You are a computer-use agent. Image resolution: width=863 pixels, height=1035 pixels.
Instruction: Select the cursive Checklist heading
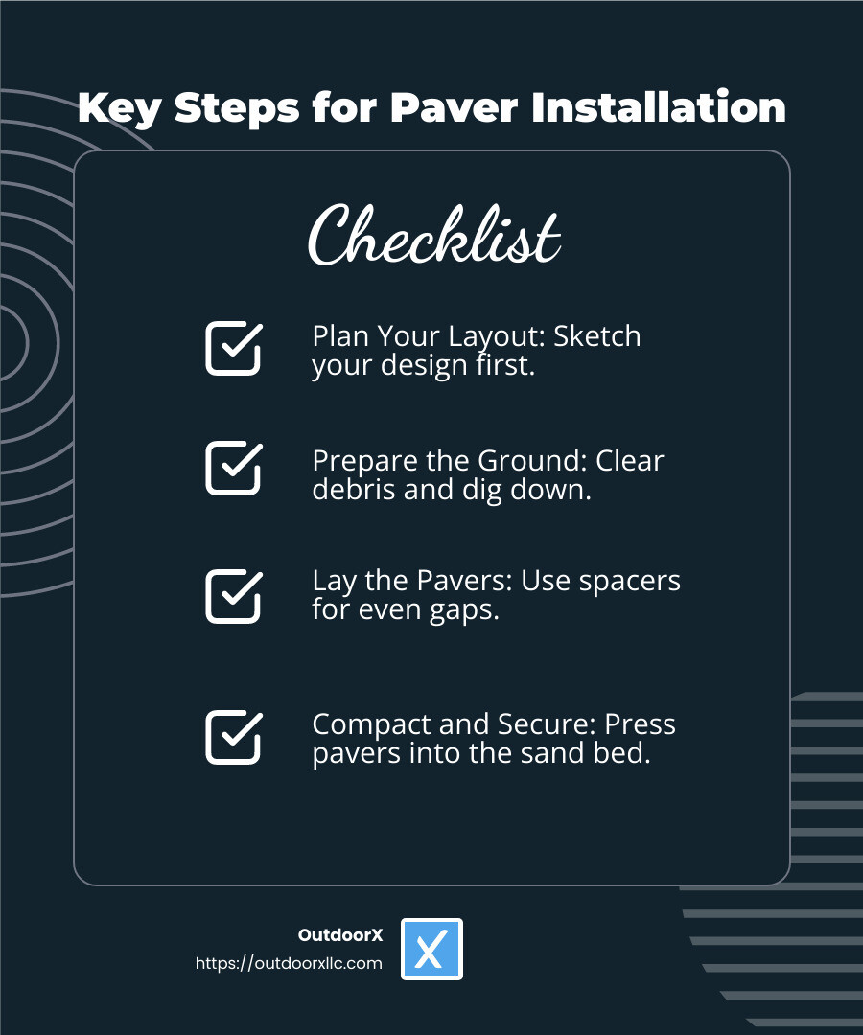coord(433,235)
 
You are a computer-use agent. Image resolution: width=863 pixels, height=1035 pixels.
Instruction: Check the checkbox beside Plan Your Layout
coord(233,348)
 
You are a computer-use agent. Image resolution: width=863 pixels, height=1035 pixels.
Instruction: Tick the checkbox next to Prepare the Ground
coord(233,468)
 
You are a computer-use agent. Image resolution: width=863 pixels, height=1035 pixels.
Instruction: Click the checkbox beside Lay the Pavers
coord(233,596)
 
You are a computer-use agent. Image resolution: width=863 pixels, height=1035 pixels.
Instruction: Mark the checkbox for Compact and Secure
coord(233,737)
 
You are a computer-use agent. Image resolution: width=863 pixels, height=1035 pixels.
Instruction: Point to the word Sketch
coord(597,336)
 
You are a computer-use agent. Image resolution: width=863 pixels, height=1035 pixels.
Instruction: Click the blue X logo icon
coord(431,949)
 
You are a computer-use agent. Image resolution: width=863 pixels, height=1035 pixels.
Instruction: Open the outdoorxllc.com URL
coord(289,963)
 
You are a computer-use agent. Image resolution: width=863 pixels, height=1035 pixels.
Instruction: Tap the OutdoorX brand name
coord(340,935)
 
